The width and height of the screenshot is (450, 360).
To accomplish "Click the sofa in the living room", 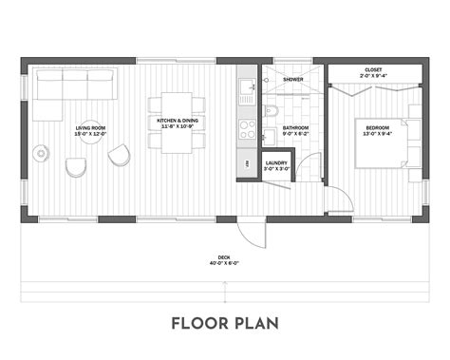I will (x=74, y=87).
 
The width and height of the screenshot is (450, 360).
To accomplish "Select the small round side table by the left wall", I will (x=41, y=152).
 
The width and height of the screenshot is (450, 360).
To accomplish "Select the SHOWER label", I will (x=292, y=79).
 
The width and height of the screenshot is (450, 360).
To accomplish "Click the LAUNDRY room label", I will (x=277, y=162).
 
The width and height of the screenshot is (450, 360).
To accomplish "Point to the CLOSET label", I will (x=373, y=69).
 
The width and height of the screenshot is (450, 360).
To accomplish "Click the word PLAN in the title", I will (x=256, y=323).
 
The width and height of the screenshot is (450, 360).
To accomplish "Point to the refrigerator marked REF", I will (x=247, y=165).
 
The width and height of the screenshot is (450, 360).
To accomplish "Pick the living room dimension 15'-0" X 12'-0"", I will (x=91, y=134).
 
